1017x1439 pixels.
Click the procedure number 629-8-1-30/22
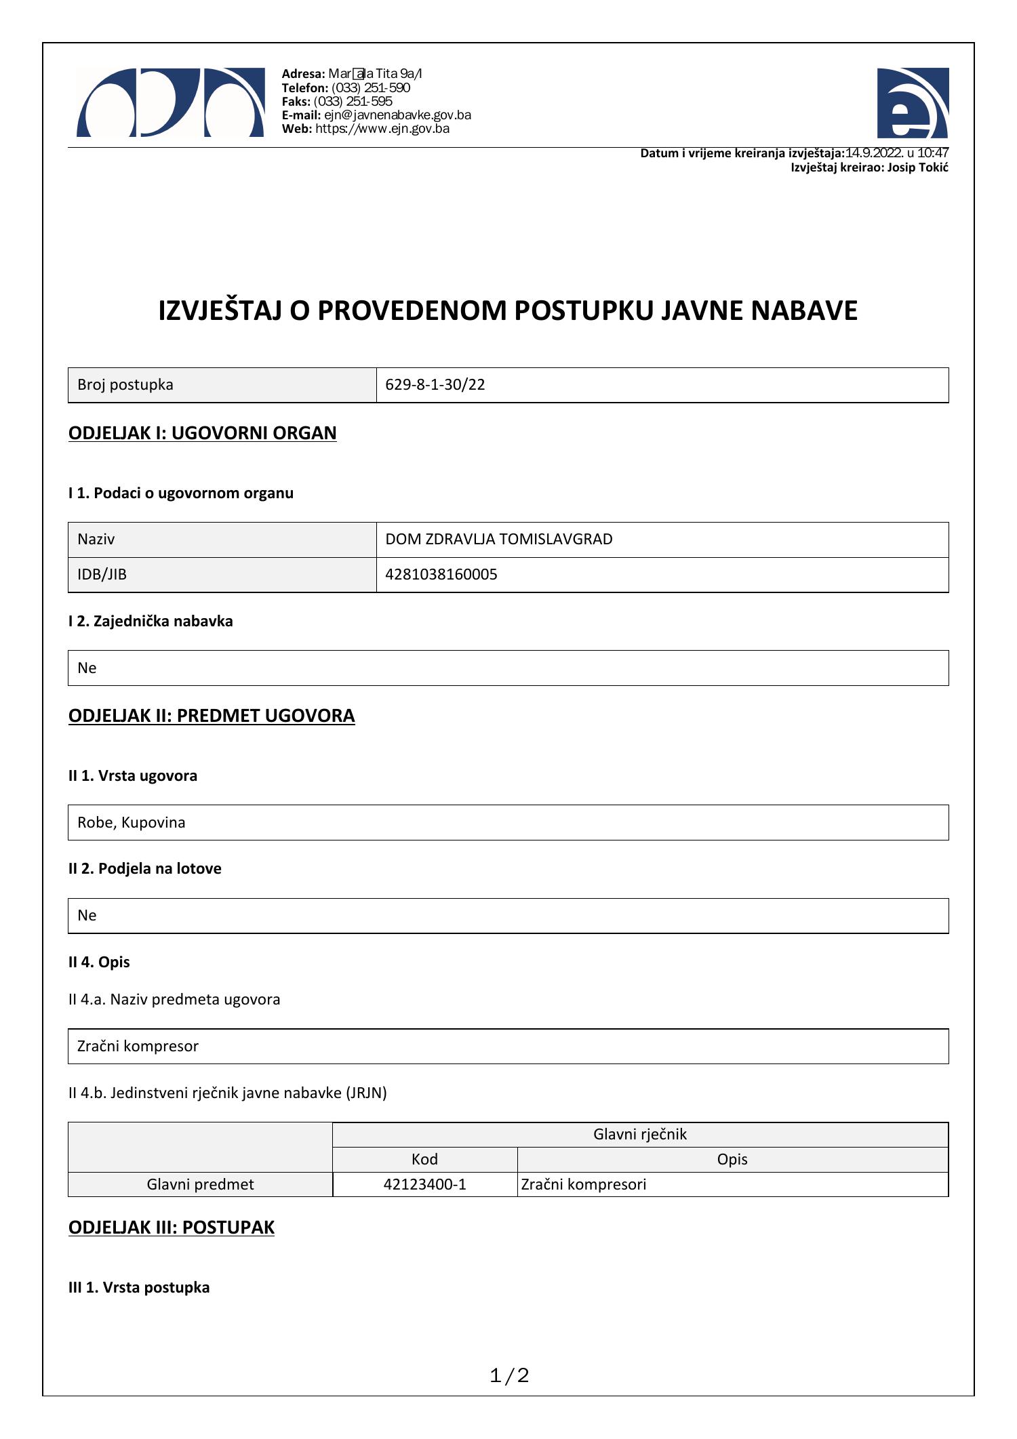click(x=435, y=385)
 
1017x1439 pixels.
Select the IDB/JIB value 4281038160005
click(x=441, y=575)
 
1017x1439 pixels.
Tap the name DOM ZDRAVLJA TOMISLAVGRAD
click(x=498, y=540)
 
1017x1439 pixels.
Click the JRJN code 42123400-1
click(x=424, y=1184)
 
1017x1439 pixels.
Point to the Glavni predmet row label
click(x=200, y=1184)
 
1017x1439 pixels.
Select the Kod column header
click(x=424, y=1159)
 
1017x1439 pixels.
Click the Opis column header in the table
click(x=732, y=1159)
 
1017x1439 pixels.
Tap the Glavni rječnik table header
click(x=639, y=1134)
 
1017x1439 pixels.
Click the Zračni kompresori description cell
click(x=584, y=1184)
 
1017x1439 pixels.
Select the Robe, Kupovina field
click(x=131, y=822)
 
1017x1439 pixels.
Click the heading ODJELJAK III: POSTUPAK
click(x=172, y=1228)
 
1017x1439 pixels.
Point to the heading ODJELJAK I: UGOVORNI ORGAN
click(x=202, y=433)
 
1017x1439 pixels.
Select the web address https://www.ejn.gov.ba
click(x=382, y=129)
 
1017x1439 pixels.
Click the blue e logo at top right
click(x=912, y=103)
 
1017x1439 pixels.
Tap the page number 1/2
click(x=509, y=1375)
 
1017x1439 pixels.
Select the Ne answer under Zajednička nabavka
click(x=87, y=668)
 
